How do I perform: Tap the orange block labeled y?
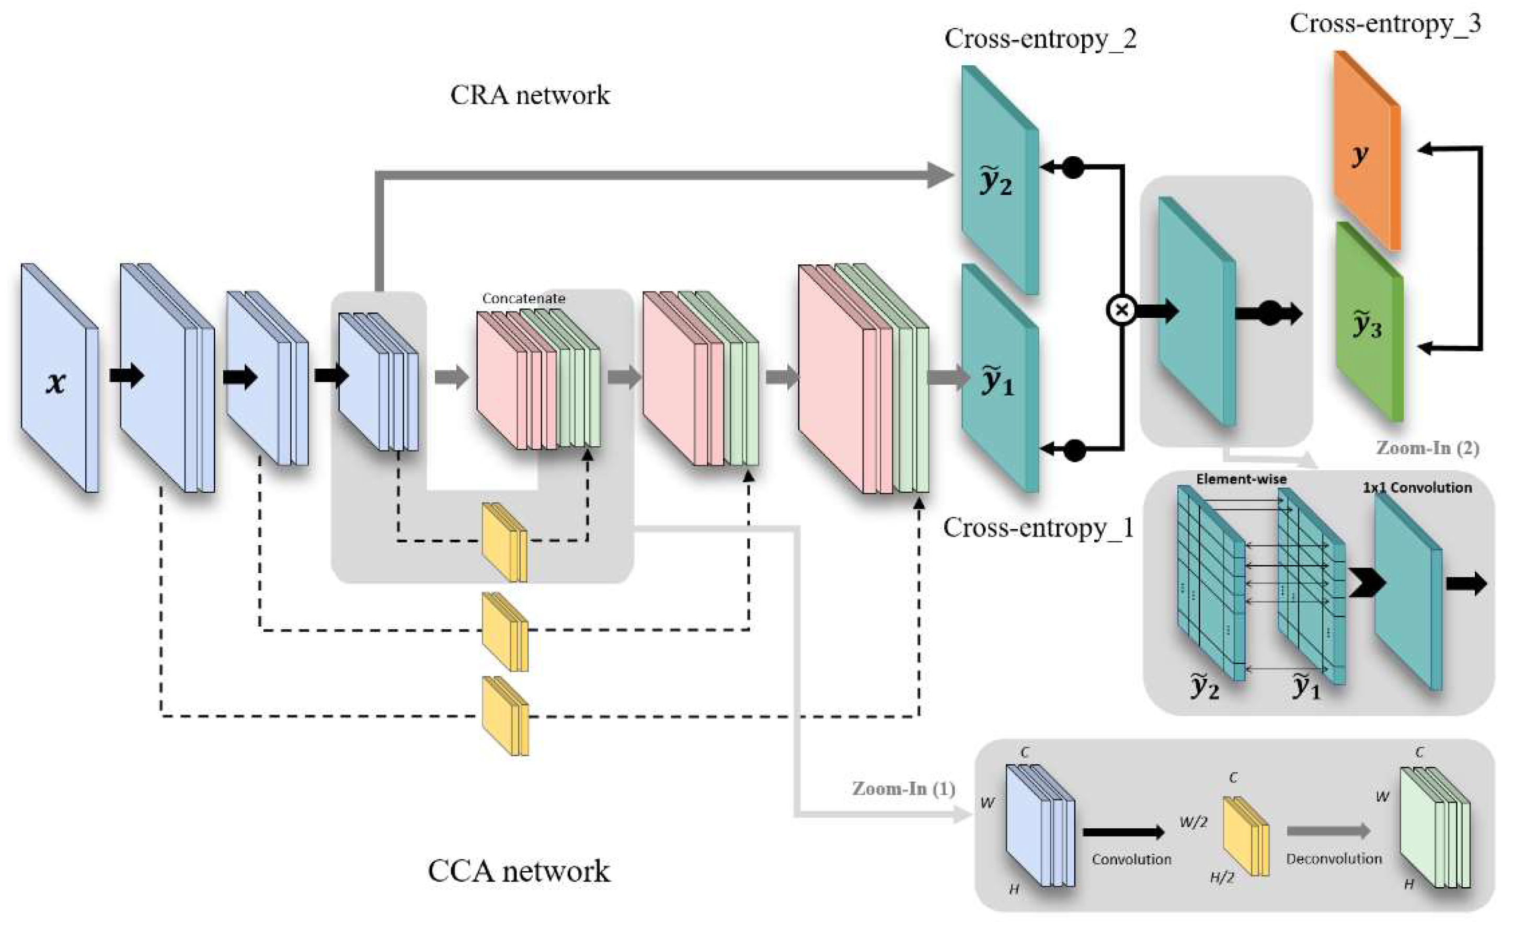pyautogui.click(x=1366, y=154)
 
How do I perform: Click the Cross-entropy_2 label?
pyautogui.click(x=1040, y=39)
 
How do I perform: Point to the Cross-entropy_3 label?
pyautogui.click(x=1385, y=24)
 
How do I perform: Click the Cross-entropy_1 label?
pyautogui.click(x=1038, y=527)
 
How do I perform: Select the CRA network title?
pyautogui.click(x=530, y=95)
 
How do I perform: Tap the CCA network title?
pyautogui.click(x=519, y=871)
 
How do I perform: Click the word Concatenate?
pyautogui.click(x=523, y=298)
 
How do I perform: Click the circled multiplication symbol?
pyautogui.click(x=1121, y=310)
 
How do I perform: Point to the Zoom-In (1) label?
pyautogui.click(x=903, y=788)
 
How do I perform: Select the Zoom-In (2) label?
pyautogui.click(x=1427, y=448)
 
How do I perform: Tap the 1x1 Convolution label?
pyautogui.click(x=1417, y=487)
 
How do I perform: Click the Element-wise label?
pyautogui.click(x=1241, y=479)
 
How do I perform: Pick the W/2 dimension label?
pyautogui.click(x=1192, y=822)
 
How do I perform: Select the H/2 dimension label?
pyautogui.click(x=1222, y=878)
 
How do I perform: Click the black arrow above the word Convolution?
pyautogui.click(x=1122, y=832)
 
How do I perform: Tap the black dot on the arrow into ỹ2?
pyautogui.click(x=1073, y=167)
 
